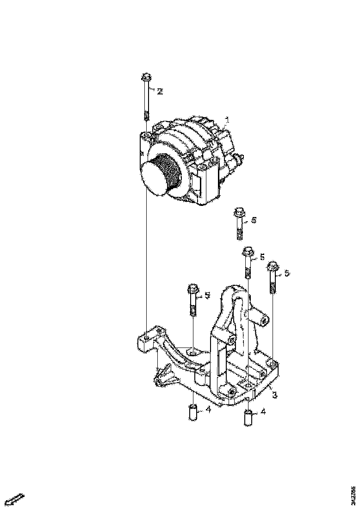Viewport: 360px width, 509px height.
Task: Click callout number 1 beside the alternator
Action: pyautogui.click(x=227, y=120)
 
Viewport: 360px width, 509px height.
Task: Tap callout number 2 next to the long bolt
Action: pyautogui.click(x=160, y=92)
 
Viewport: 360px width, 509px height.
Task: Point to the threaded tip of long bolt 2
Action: pyautogui.click(x=146, y=115)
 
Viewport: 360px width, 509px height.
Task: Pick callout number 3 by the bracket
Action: pyautogui.click(x=274, y=395)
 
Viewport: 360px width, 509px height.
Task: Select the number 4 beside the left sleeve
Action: pyautogui.click(x=208, y=410)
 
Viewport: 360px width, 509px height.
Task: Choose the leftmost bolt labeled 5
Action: pyautogui.click(x=193, y=300)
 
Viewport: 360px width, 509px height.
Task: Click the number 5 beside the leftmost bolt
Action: pyautogui.click(x=207, y=295)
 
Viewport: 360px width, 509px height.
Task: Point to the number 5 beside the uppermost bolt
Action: pyautogui.click(x=253, y=220)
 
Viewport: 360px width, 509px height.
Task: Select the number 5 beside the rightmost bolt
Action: pyautogui.click(x=287, y=273)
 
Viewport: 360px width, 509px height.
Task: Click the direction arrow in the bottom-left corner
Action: pyautogui.click(x=15, y=499)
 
